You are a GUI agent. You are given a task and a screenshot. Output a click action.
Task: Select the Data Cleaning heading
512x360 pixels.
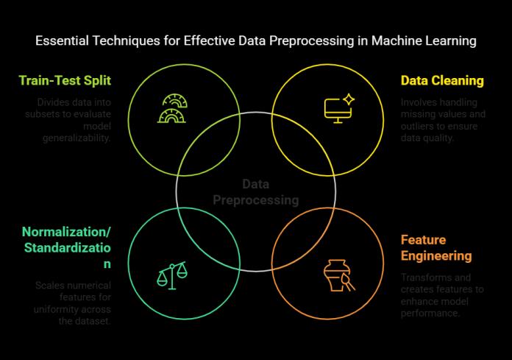point(441,80)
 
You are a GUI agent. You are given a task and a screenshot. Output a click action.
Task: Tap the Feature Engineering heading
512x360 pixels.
point(436,247)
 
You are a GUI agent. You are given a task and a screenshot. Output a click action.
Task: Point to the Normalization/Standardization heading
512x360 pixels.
point(67,247)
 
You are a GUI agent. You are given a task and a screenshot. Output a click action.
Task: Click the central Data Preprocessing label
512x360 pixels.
point(255,192)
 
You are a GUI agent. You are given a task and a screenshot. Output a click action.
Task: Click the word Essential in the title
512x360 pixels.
point(63,41)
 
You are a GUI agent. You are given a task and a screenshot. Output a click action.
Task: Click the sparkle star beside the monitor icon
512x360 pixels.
point(349,98)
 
